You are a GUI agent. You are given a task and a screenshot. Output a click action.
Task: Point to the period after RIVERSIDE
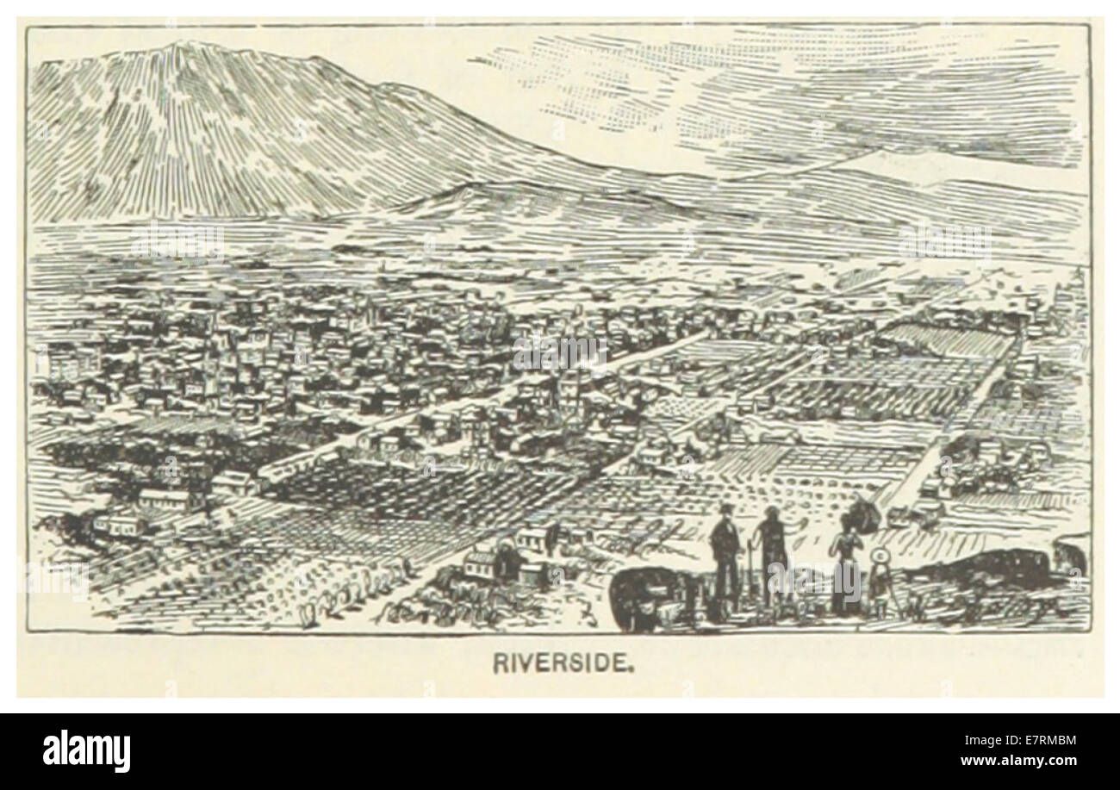[x=633, y=668]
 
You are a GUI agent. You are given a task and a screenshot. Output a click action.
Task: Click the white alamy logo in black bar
[x=86, y=750]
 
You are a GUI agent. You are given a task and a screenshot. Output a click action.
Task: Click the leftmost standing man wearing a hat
[x=725, y=556]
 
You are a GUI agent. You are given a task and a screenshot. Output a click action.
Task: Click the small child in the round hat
[x=880, y=582]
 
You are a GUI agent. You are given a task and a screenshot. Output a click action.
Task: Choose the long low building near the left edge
[x=164, y=498]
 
